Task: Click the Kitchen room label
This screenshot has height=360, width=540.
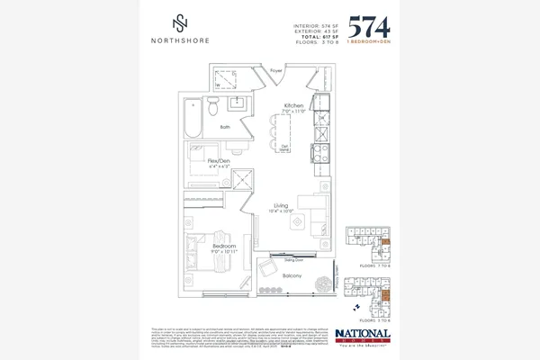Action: (293, 105)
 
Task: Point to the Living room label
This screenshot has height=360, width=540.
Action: (282, 206)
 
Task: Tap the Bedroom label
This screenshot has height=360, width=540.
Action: (224, 246)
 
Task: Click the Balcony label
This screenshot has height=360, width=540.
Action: (291, 276)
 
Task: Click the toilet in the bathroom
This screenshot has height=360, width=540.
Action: (212, 107)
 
